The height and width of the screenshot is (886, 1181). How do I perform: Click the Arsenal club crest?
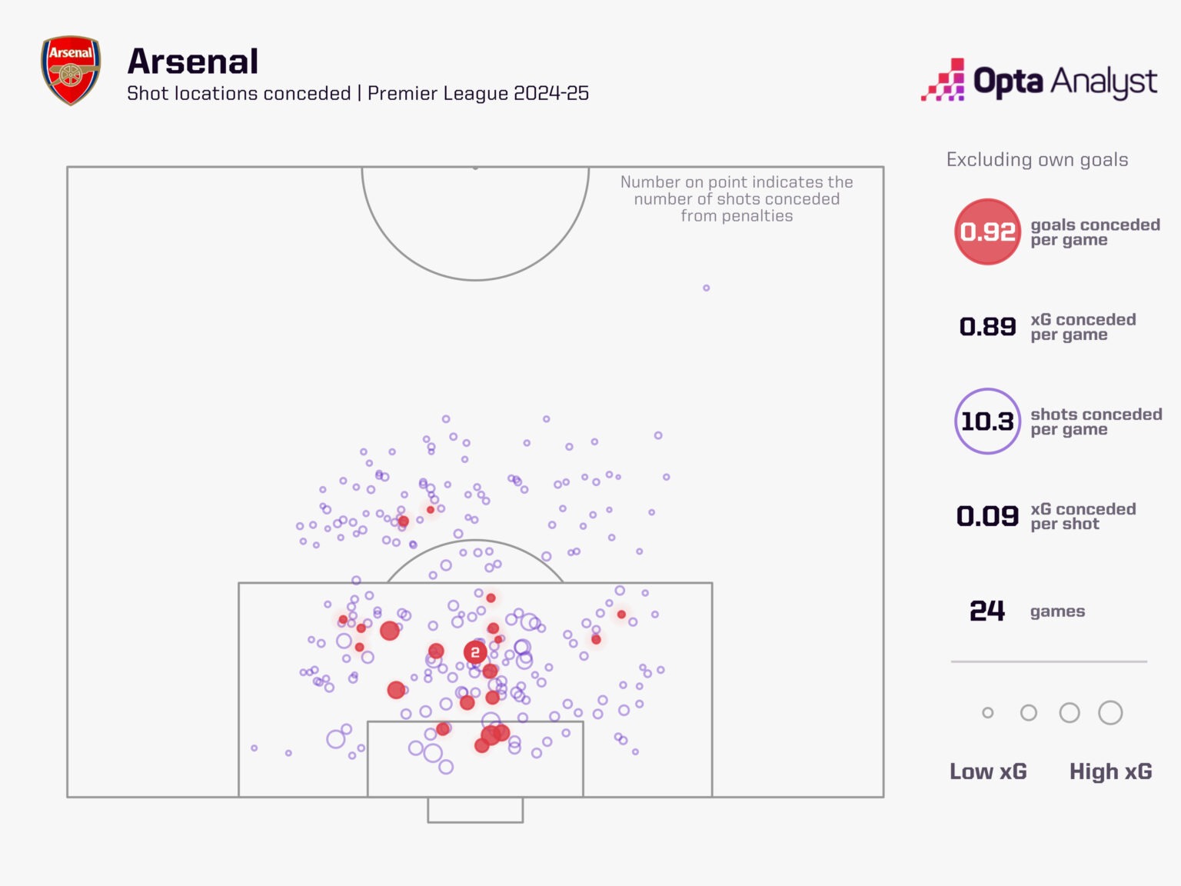point(70,70)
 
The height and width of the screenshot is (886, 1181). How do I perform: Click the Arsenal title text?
point(192,62)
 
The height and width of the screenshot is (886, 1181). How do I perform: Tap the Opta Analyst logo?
point(1039,80)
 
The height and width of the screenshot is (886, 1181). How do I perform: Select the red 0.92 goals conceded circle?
point(987,231)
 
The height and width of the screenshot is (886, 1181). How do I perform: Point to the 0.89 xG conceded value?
point(987,327)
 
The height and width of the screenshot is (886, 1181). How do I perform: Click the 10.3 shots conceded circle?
point(987,421)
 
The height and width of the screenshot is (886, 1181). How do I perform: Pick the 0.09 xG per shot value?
point(987,516)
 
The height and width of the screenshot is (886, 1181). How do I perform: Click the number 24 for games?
point(987,611)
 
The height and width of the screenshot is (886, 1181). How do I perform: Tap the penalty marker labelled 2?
point(475,652)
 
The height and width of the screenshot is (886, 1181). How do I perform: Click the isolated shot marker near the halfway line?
point(706,288)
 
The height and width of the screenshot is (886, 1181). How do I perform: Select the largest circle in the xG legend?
point(1110,713)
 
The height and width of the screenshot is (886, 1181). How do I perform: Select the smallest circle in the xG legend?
point(988,713)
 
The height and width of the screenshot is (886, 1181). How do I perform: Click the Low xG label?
point(988,771)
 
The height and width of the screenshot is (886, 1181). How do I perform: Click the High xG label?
point(1110,771)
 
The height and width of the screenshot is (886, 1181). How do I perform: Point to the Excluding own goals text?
point(1037,160)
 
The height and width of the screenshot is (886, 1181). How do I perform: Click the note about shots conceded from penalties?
point(737,199)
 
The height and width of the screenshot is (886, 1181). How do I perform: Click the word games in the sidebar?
point(1057,611)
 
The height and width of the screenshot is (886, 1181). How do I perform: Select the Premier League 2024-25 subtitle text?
point(478,94)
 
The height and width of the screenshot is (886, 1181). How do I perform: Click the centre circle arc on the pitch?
point(475,279)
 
